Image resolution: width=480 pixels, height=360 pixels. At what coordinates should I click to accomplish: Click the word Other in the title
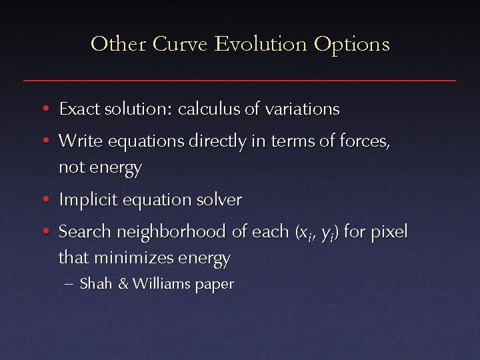pyautogui.click(x=117, y=44)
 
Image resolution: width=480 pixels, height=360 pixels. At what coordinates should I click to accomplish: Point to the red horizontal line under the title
pyautogui.click(x=240, y=80)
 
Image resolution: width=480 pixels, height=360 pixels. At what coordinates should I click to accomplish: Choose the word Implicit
pyautogui.click(x=83, y=200)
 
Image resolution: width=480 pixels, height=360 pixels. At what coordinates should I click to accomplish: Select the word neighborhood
pyautogui.click(x=171, y=232)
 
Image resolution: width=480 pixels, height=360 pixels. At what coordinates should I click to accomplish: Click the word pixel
pyautogui.click(x=388, y=233)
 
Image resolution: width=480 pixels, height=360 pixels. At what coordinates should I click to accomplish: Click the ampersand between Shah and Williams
pyautogui.click(x=123, y=284)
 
